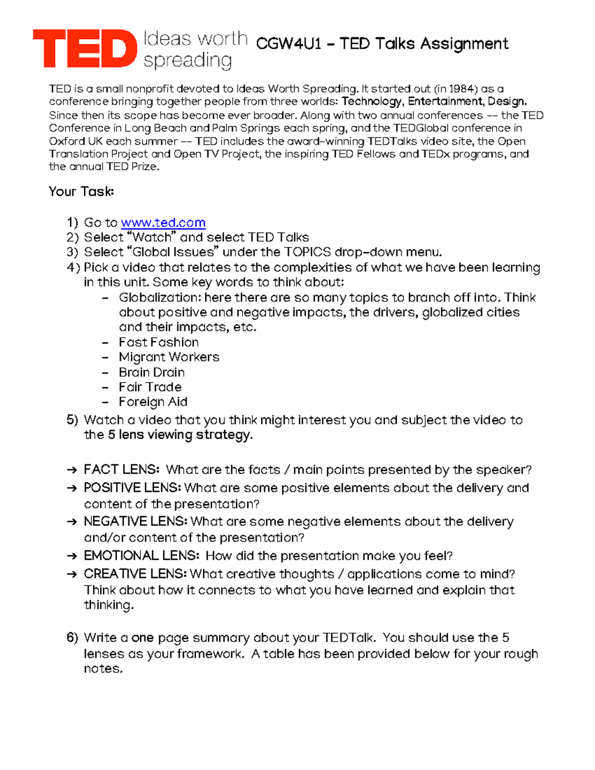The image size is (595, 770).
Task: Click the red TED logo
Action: [x=84, y=48]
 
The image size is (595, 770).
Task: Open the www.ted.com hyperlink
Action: [x=163, y=223]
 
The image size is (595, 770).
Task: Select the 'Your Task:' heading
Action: [x=81, y=191]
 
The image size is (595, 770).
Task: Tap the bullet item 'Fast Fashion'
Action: [x=159, y=342]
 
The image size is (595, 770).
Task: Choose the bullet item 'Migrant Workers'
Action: [x=169, y=357]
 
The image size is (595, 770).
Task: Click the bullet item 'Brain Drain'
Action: [x=152, y=372]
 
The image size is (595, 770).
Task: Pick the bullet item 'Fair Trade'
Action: [x=150, y=387]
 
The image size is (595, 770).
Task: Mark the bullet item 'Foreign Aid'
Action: [x=153, y=402]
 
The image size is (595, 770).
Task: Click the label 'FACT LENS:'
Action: [x=121, y=470]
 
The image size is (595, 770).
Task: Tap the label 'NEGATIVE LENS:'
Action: [x=135, y=522]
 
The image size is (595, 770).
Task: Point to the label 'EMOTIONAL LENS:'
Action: [x=141, y=556]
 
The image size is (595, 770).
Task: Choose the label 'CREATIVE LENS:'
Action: [x=135, y=574]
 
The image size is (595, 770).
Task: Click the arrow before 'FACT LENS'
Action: [x=72, y=470]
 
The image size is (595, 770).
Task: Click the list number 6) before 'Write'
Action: [x=72, y=638]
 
